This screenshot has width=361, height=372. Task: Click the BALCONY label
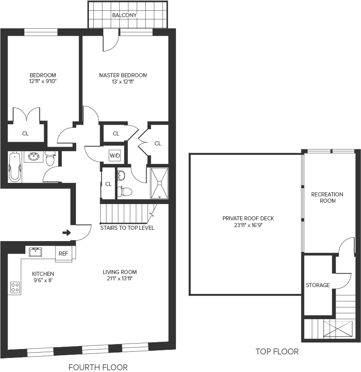click(x=124, y=15)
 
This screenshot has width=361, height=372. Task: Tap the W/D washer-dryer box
click(x=115, y=156)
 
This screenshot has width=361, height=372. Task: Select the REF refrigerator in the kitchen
click(x=63, y=254)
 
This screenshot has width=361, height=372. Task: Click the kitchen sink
click(x=35, y=252)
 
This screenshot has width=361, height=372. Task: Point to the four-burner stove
click(x=15, y=287)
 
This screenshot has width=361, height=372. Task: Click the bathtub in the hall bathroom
click(x=15, y=167)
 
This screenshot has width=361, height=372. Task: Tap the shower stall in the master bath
click(x=159, y=183)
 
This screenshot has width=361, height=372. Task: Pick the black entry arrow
click(x=67, y=233)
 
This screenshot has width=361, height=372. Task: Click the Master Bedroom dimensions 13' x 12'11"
click(x=123, y=82)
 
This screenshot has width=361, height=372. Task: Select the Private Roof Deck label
click(x=248, y=218)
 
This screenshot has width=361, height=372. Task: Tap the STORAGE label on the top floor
click(x=318, y=285)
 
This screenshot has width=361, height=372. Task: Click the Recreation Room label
click(x=327, y=198)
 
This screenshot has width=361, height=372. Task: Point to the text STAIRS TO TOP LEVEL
click(x=127, y=228)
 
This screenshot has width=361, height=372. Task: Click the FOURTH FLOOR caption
click(x=98, y=367)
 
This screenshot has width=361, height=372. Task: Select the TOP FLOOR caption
click(x=277, y=352)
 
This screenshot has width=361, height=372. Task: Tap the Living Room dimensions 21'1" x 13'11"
click(x=120, y=279)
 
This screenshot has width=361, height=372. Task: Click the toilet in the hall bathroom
click(x=50, y=159)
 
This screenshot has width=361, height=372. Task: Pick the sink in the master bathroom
click(x=121, y=176)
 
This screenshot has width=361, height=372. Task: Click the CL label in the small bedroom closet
click(x=25, y=134)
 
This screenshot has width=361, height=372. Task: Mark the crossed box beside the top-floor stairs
click(x=338, y=329)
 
